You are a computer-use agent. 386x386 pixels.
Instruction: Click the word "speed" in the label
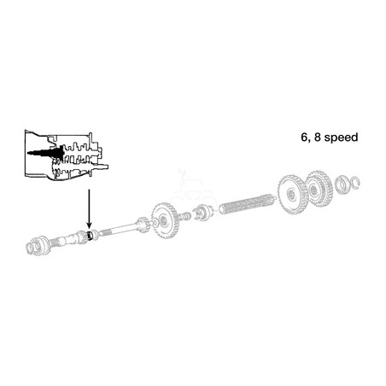(x=341, y=137)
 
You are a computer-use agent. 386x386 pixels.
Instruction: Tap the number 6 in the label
(x=304, y=137)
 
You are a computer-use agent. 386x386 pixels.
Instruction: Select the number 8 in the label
(x=318, y=137)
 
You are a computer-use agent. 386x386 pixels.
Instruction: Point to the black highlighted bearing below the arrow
(x=91, y=235)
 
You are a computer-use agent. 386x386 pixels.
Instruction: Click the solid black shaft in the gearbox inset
(x=46, y=153)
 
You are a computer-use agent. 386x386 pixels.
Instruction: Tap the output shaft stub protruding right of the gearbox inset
(x=104, y=167)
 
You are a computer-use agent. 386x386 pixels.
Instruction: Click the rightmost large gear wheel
(x=319, y=187)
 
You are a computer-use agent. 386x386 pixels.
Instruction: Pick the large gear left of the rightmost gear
(x=292, y=195)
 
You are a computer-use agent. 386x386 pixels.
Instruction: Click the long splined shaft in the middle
(x=246, y=204)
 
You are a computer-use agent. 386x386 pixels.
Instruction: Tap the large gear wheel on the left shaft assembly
(x=165, y=220)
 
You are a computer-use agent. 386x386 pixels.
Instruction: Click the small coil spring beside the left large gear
(x=184, y=216)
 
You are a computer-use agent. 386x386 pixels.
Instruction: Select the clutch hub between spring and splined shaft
(x=202, y=213)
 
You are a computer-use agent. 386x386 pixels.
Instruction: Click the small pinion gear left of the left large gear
(x=143, y=225)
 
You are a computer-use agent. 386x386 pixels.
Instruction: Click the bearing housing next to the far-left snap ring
(x=41, y=244)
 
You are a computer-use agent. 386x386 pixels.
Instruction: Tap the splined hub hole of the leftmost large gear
(x=163, y=219)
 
